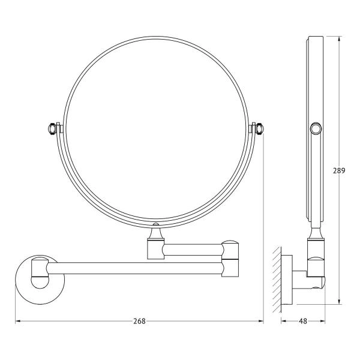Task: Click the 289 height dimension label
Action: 339,170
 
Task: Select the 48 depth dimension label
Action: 303,321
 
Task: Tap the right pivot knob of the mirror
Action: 259,128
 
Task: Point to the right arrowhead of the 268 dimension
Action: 261,321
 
